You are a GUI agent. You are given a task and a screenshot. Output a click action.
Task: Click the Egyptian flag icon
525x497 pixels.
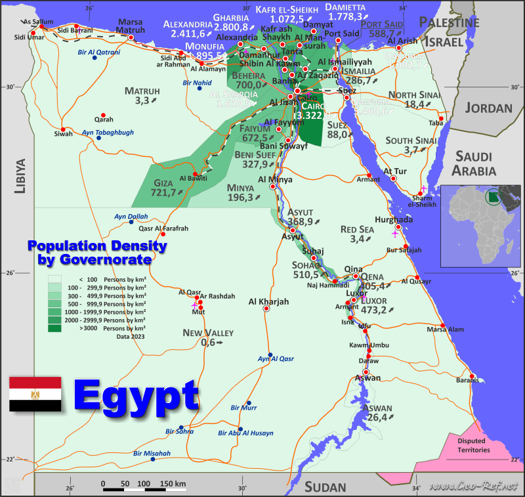tap(35, 394)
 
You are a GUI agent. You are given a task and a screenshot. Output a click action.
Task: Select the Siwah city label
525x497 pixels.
tap(64, 135)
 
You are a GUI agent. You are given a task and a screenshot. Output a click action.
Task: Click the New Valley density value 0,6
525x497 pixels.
tap(209, 343)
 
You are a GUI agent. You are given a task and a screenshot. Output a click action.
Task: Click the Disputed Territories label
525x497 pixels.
tap(473, 445)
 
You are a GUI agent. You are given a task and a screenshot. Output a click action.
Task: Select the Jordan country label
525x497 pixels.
tap(490, 108)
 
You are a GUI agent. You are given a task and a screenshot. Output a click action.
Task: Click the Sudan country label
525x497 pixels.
tap(325, 486)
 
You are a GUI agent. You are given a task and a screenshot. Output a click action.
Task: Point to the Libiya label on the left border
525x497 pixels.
tap(20, 176)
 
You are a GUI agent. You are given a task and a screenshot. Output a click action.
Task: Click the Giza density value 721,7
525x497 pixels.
tap(163, 192)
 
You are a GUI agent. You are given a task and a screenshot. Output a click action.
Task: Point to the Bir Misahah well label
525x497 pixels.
tap(152, 453)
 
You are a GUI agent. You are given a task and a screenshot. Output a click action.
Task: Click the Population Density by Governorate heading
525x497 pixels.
tap(96, 253)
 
